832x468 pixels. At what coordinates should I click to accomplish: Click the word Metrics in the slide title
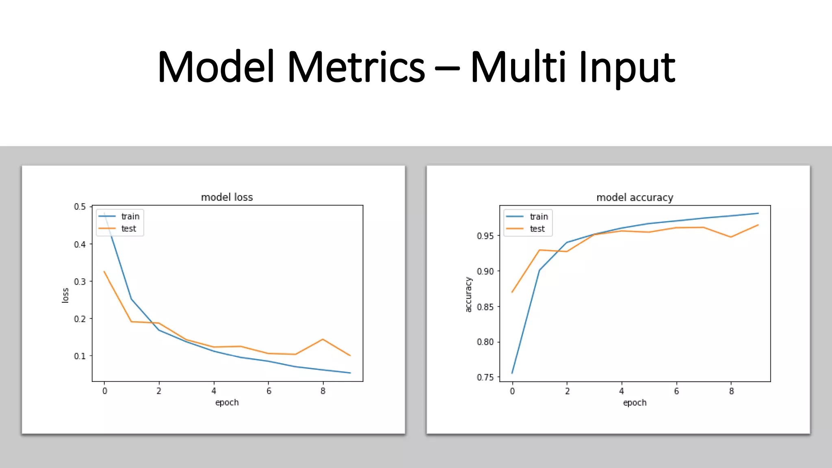pos(356,67)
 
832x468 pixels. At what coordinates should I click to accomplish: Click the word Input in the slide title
pos(626,67)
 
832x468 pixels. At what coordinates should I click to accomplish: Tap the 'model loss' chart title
pos(227,197)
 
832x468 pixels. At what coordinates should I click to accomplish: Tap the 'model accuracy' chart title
pos(635,197)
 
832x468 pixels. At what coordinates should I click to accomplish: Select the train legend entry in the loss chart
pos(130,217)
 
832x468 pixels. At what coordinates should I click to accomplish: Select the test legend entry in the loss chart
pos(128,229)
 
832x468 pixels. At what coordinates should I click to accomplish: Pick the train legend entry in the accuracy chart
pos(539,217)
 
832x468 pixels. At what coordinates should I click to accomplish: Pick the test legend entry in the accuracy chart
pos(537,229)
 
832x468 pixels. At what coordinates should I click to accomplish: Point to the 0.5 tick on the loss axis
pos(80,207)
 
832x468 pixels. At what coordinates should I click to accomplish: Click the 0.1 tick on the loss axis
pos(80,356)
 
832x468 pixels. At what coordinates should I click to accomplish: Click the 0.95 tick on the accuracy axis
pos(485,236)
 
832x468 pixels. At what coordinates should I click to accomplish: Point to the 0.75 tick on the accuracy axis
pos(485,377)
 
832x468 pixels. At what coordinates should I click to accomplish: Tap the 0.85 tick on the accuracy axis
pos(485,307)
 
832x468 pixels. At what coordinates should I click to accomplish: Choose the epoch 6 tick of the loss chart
pos(269,391)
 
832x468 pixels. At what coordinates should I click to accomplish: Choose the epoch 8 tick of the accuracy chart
pos(731,391)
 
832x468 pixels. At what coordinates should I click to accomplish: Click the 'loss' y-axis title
pos(65,295)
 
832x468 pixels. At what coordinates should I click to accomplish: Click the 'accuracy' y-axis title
pos(468,295)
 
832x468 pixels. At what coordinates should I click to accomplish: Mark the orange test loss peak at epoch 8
pos(323,339)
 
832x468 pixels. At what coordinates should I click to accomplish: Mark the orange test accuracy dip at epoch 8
pos(731,237)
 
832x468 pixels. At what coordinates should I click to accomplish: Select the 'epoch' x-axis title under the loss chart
pos(227,403)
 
